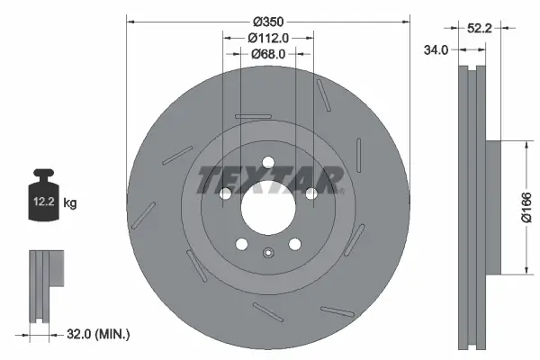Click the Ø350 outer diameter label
(268, 21)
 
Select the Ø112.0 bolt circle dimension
(267, 38)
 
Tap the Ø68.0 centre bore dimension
(267, 54)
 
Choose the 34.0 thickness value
(436, 50)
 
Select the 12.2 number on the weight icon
(42, 203)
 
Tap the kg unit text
(70, 203)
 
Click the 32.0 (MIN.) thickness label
(100, 334)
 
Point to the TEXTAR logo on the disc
(268, 178)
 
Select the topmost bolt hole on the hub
(268, 162)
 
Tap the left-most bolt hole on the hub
(224, 193)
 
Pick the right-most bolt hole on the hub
(311, 193)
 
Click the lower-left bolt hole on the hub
(241, 244)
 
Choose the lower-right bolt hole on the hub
(295, 244)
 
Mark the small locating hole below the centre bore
(268, 253)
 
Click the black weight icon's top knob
(41, 174)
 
